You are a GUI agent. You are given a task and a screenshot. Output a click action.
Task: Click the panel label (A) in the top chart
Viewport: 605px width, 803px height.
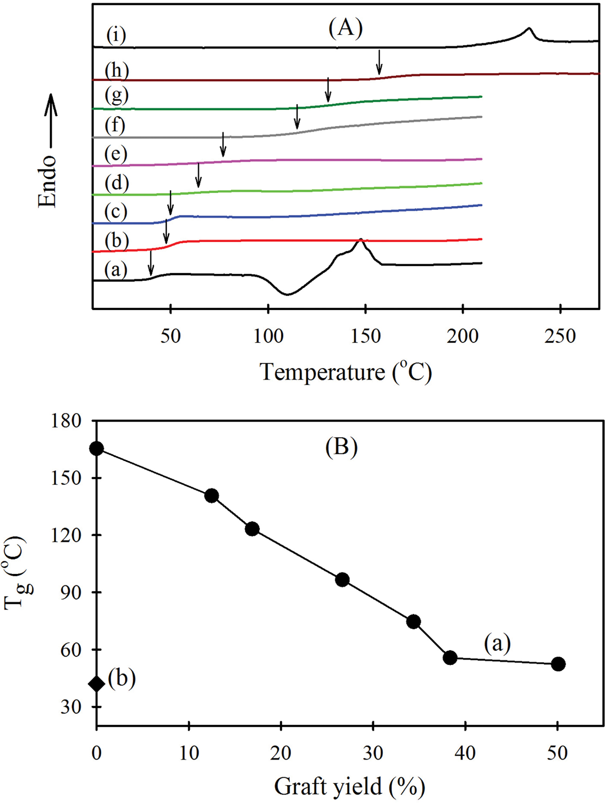tap(345, 28)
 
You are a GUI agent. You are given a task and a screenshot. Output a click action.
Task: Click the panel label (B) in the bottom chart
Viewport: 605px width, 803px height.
tap(341, 446)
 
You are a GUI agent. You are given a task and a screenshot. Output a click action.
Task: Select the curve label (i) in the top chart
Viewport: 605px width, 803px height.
tap(116, 35)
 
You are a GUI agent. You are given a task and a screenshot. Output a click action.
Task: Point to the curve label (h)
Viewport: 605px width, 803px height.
tap(117, 70)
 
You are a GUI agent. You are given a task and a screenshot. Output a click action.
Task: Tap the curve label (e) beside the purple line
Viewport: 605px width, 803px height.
tap(116, 154)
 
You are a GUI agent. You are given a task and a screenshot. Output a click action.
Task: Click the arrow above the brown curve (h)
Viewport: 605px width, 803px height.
tap(379, 62)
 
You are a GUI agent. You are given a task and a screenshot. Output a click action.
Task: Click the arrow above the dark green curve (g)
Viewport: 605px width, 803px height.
tap(328, 90)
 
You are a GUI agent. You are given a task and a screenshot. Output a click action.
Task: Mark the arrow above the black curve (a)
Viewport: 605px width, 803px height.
tap(150, 263)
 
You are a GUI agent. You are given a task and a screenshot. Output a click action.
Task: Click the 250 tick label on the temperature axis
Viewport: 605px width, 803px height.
tap(560, 336)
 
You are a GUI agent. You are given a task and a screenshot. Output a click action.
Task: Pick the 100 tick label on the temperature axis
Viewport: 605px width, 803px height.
tap(268, 336)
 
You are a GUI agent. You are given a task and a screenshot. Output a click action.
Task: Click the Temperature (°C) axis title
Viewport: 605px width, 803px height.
tap(345, 372)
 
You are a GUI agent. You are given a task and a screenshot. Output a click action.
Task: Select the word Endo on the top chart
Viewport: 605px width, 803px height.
tap(47, 181)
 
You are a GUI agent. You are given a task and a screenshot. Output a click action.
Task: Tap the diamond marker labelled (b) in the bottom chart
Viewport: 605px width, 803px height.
tap(97, 684)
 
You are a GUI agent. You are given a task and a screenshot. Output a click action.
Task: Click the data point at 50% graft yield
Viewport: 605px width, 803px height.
tap(558, 664)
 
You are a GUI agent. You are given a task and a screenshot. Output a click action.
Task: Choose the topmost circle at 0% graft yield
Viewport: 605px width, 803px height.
tap(97, 448)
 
